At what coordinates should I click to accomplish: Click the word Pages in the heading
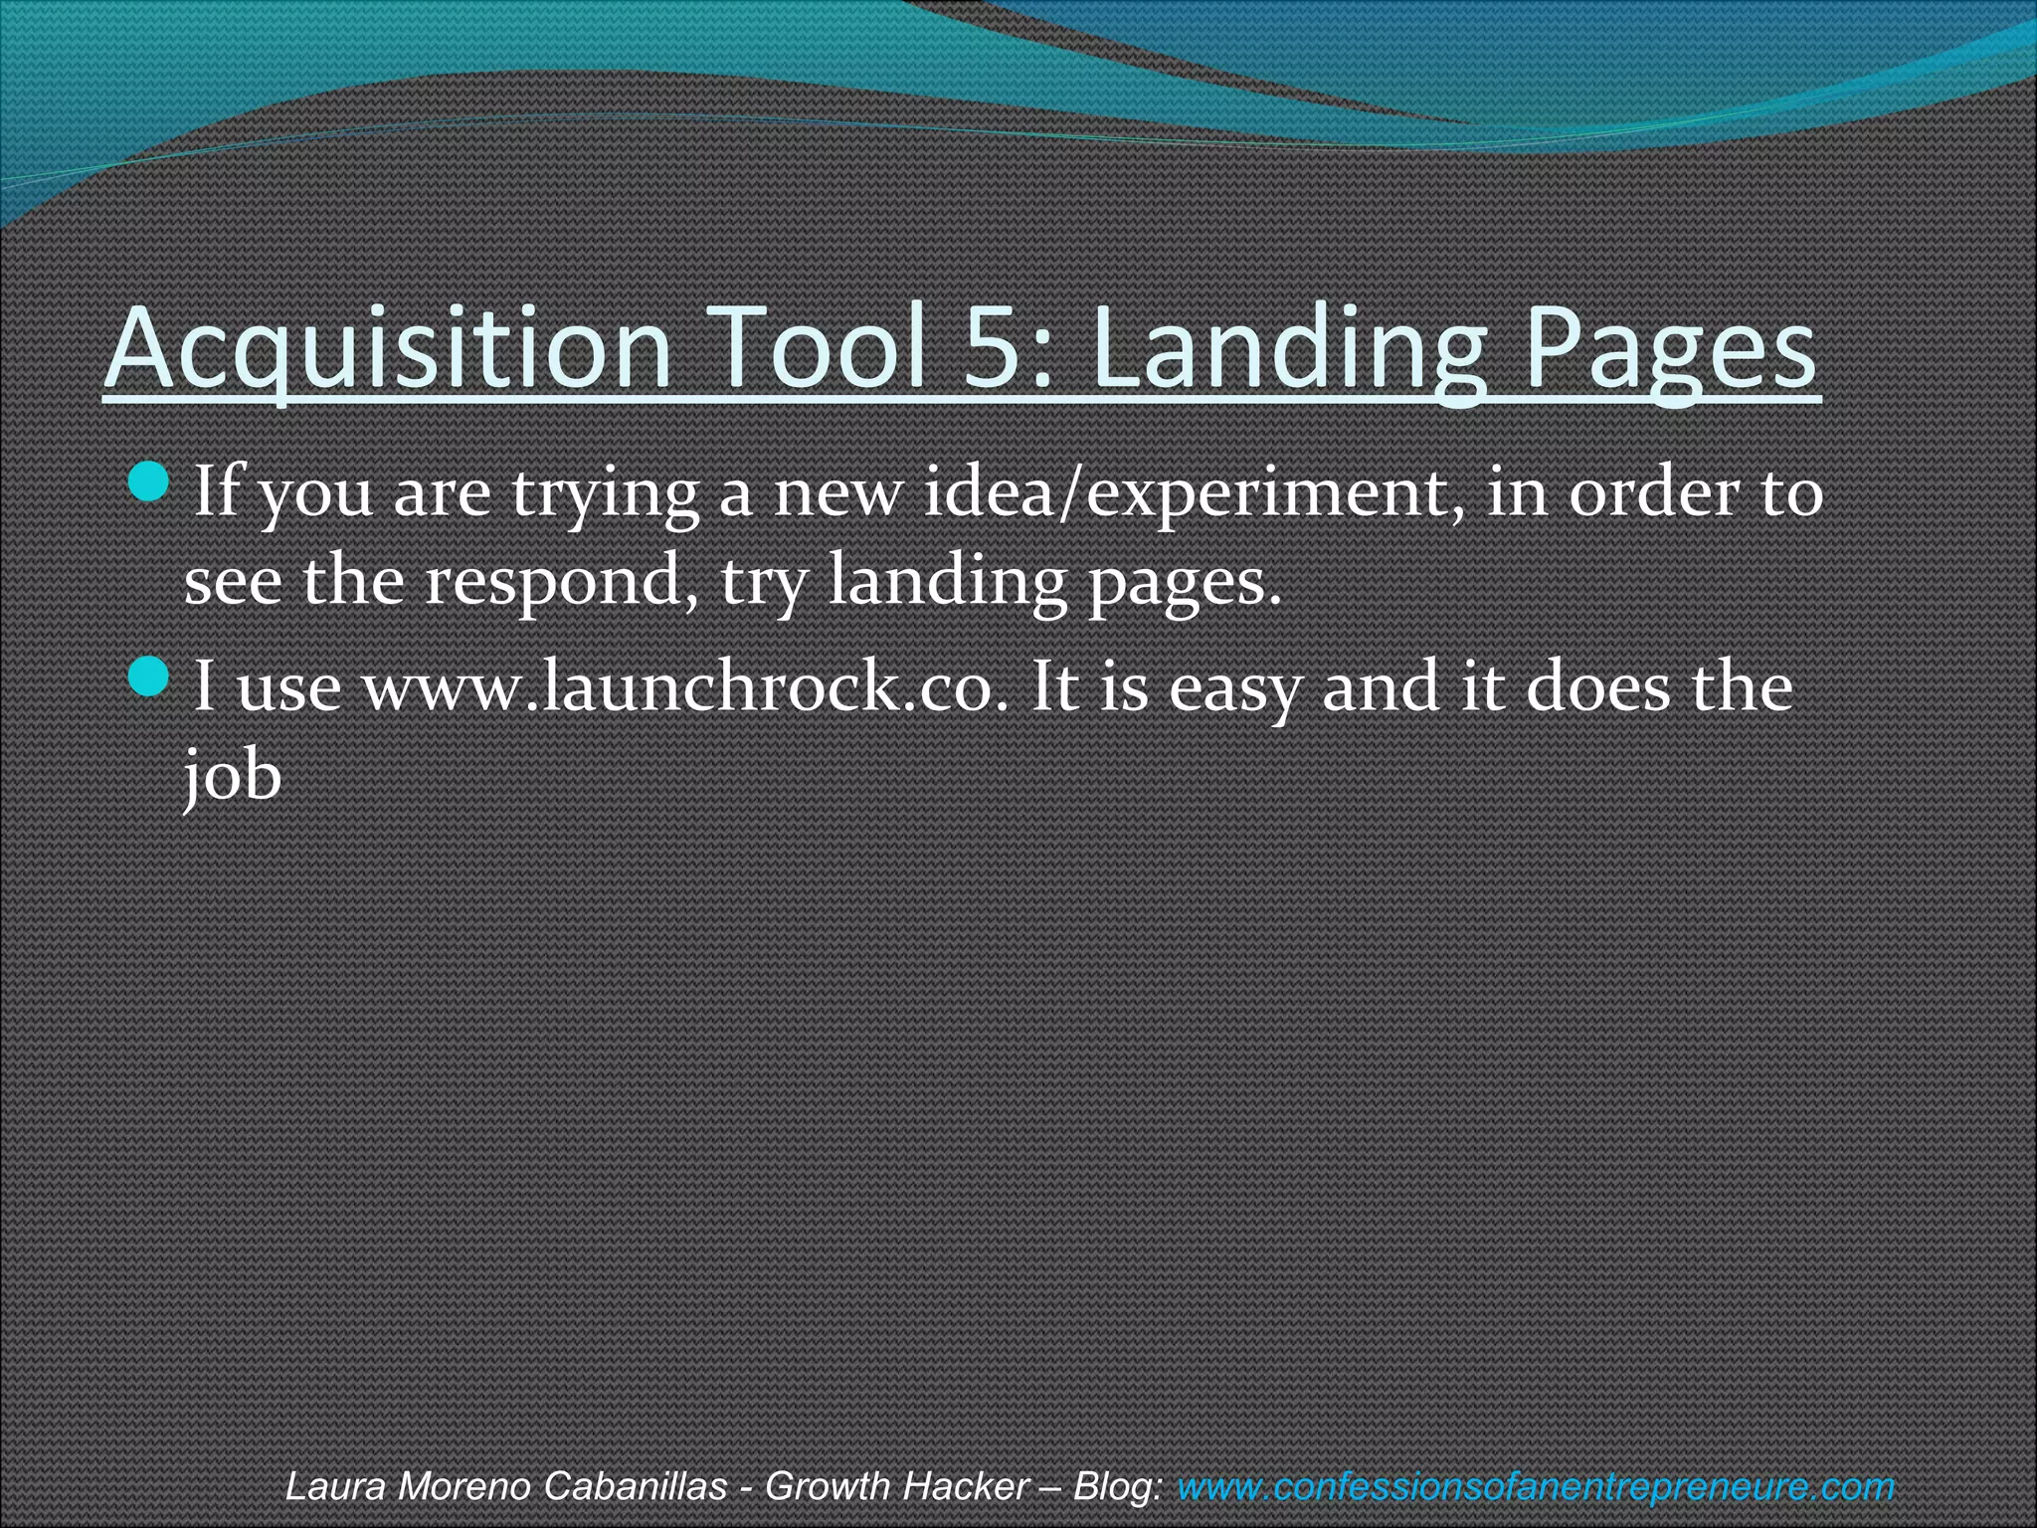point(1671,348)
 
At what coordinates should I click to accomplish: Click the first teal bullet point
point(150,481)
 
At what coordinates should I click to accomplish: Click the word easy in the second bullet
point(1234,687)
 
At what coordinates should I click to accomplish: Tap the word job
point(233,776)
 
